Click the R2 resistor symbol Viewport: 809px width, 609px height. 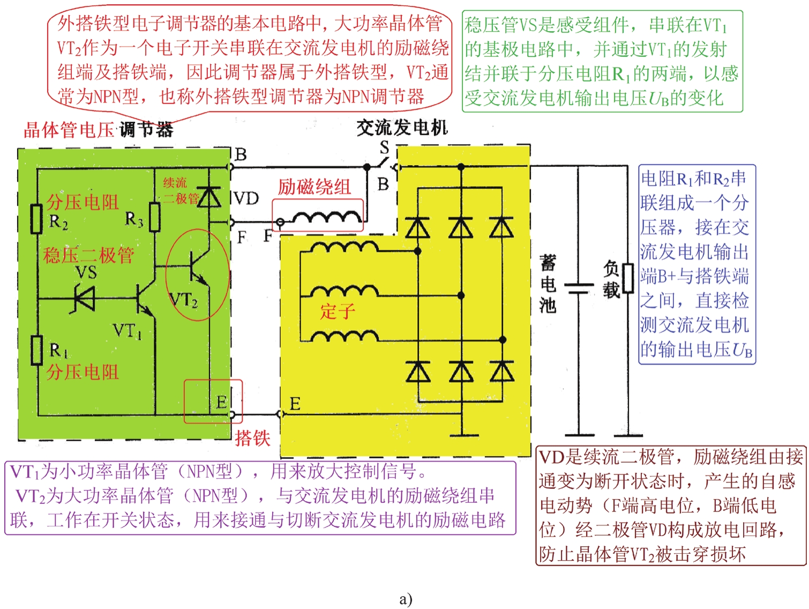pyautogui.click(x=36, y=218)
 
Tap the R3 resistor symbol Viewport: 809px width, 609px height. pyautogui.click(x=155, y=217)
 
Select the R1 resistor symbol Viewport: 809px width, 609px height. pyautogui.click(x=36, y=350)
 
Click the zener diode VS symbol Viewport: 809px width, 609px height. pyautogui.click(x=85, y=299)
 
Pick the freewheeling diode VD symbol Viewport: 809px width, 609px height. pyautogui.click(x=209, y=197)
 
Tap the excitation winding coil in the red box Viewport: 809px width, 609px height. pyautogui.click(x=327, y=217)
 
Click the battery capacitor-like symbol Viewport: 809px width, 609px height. pyautogui.click(x=579, y=288)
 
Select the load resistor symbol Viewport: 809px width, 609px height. pyautogui.click(x=627, y=278)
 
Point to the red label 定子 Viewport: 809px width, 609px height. pyautogui.click(x=338, y=311)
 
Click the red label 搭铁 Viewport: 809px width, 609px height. pyautogui.click(x=252, y=438)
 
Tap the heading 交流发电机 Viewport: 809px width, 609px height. pyautogui.click(x=402, y=128)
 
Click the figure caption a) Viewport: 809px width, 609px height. pyautogui.click(x=406, y=599)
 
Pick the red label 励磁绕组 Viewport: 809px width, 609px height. pyautogui.click(x=314, y=187)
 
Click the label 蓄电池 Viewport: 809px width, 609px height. pyautogui.click(x=548, y=284)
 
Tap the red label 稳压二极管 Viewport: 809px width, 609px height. pyautogui.click(x=88, y=255)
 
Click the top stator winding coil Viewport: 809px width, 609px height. pyautogui.click(x=344, y=247)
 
